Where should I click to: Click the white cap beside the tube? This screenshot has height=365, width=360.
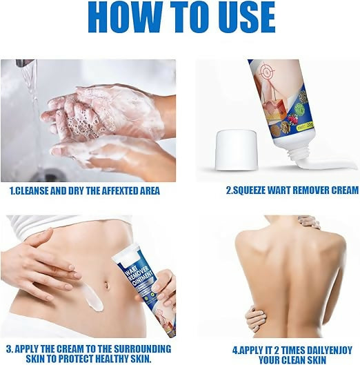236,150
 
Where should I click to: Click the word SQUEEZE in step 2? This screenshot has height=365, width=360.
249,190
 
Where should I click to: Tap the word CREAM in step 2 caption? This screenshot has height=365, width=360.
345,190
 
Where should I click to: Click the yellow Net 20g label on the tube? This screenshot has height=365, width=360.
305,127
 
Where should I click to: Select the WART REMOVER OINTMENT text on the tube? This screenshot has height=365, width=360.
138,274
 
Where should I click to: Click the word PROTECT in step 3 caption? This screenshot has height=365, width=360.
74,359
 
